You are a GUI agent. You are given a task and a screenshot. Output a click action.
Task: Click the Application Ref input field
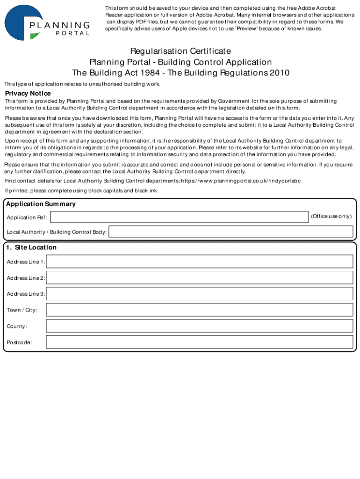click(x=180, y=217)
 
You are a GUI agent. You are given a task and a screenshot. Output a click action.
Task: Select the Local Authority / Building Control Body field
click(x=231, y=232)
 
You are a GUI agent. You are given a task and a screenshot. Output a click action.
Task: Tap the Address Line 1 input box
click(x=200, y=261)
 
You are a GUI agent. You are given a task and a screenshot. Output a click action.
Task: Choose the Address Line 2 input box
click(x=200, y=278)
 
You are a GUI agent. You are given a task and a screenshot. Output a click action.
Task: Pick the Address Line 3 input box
click(x=200, y=294)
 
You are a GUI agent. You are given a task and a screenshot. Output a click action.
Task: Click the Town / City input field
click(x=200, y=310)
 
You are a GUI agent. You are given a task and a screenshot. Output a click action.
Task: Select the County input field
click(x=200, y=326)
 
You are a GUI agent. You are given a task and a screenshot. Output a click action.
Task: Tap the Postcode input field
click(x=200, y=342)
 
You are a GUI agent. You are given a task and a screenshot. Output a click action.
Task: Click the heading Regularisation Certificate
click(x=180, y=51)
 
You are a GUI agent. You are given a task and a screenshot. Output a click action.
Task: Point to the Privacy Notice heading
click(x=28, y=94)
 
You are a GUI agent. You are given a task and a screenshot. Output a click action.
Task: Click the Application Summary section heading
click(x=41, y=204)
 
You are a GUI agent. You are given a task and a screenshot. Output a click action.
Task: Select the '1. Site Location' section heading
click(x=31, y=247)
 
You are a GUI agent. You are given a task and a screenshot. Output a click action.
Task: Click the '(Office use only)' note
click(x=331, y=216)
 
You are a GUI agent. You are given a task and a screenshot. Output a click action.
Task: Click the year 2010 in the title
click(x=279, y=73)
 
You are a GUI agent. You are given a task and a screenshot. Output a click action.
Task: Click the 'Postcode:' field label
click(x=20, y=342)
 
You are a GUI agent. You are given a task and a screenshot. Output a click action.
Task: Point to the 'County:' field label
click(x=17, y=326)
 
